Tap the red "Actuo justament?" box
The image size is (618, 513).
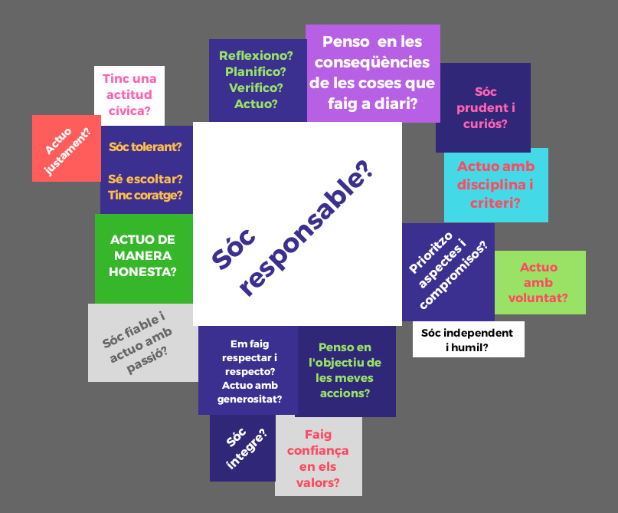point(66,148)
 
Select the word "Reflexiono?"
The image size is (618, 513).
point(256,55)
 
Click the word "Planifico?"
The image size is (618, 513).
point(256,71)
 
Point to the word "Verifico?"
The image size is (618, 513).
point(256,87)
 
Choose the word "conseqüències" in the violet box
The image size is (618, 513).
point(372,62)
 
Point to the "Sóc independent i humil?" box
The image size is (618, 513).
point(468,340)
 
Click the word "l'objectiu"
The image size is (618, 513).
point(345,363)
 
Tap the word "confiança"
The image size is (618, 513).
point(318,450)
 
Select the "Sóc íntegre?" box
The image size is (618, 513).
point(243,449)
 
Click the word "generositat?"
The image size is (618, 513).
point(249,399)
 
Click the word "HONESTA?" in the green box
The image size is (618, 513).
point(142,271)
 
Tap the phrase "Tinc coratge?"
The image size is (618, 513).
point(146,195)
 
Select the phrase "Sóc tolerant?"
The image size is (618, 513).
point(146,146)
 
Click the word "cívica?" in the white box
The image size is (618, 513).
point(129,111)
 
